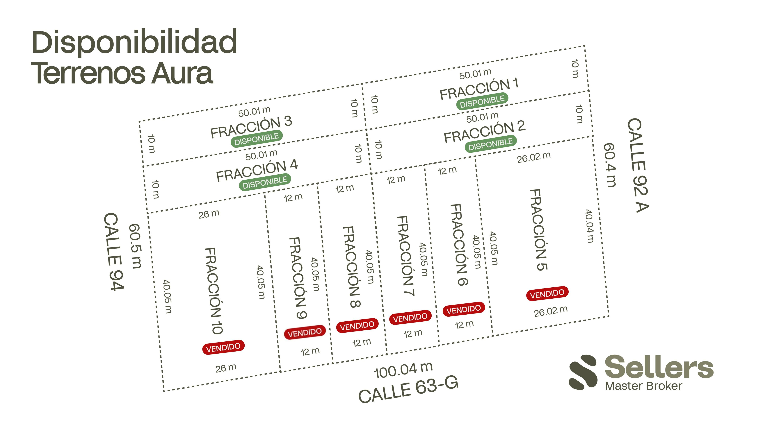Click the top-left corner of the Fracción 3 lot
pyautogui.click(x=139, y=121)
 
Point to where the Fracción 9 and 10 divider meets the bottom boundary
pyautogui.click(x=280, y=371)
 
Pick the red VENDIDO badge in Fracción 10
pyautogui.click(x=223, y=347)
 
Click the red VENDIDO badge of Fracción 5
pyautogui.click(x=547, y=293)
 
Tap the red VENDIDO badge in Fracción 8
pyautogui.click(x=357, y=326)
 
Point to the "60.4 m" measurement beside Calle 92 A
pyautogui.click(x=610, y=165)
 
